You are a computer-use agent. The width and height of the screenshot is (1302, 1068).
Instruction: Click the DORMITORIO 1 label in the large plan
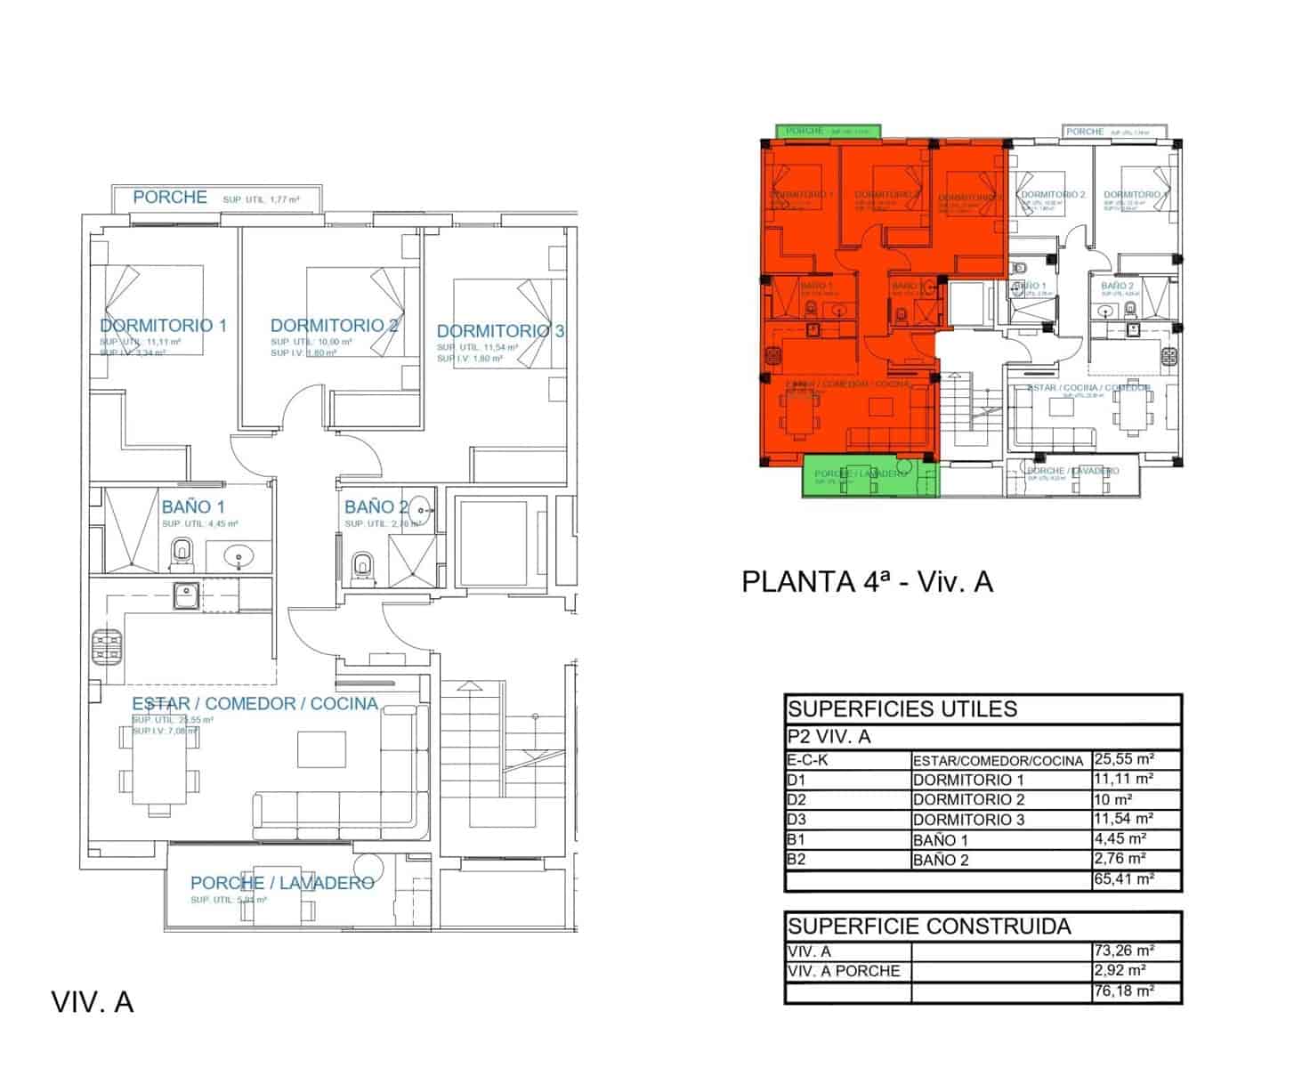tap(163, 326)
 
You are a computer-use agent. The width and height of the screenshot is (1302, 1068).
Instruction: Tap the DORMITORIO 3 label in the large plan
tap(500, 331)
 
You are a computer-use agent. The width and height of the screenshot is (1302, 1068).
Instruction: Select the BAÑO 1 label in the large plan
tap(187, 507)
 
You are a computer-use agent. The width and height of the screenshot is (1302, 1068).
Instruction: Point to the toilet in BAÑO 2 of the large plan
tap(362, 566)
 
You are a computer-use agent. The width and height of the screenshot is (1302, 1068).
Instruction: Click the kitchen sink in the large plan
tap(186, 595)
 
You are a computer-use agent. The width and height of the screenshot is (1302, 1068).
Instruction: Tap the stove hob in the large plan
tap(106, 646)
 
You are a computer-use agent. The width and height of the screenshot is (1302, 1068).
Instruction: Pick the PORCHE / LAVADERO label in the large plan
tap(282, 883)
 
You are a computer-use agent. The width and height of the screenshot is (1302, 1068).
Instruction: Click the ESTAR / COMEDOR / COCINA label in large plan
tap(255, 704)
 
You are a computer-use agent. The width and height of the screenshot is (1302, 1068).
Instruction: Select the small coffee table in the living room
tap(321, 748)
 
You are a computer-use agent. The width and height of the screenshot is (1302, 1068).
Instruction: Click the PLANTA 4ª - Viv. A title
tap(867, 582)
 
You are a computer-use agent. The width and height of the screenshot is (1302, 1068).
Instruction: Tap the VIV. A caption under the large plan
tap(93, 1002)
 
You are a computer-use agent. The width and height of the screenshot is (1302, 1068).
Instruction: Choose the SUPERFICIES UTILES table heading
tap(902, 709)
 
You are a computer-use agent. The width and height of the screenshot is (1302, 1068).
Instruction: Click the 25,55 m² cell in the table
tap(1123, 759)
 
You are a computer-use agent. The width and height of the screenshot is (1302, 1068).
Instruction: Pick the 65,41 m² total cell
tap(1123, 879)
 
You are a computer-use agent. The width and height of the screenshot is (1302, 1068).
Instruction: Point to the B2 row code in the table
tap(797, 860)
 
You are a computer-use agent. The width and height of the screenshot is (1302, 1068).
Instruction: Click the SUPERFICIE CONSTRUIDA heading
tap(929, 926)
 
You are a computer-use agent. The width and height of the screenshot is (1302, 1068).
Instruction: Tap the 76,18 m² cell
tap(1123, 991)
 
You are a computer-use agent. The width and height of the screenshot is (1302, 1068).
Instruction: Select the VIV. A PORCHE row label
tap(844, 971)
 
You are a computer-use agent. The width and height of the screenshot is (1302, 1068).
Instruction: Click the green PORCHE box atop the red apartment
tap(828, 131)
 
